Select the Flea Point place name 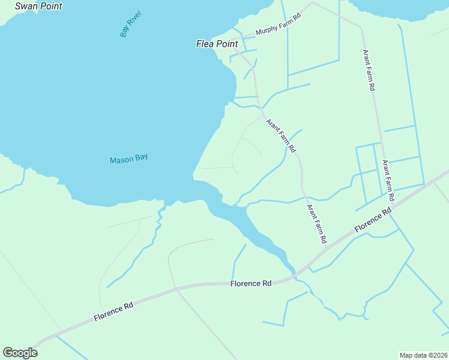[217, 44]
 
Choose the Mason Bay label [128, 159]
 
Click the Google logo [20, 353]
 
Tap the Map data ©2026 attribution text [423, 355]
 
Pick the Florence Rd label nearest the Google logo [113, 312]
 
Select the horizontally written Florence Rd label [251, 283]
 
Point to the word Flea [206, 44]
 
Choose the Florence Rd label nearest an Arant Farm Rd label [373, 220]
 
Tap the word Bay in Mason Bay [142, 158]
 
